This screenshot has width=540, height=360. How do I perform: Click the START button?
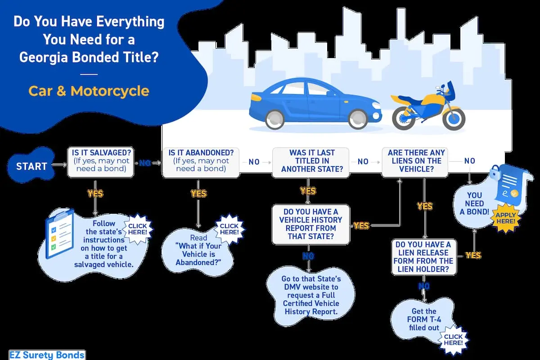31,166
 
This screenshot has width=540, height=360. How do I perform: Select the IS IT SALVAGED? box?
100,161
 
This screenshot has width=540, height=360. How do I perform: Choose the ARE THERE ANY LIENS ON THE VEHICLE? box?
414,161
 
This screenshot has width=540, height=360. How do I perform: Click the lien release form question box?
423,256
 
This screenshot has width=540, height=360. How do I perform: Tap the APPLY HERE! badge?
506,218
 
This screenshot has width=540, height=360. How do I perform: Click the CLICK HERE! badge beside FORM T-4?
453,339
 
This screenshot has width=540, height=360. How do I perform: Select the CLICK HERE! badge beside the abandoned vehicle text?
229,229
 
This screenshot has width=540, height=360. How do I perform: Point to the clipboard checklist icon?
59,234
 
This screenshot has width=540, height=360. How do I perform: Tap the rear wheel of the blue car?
274,119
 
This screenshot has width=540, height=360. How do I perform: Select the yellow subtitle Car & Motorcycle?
89,91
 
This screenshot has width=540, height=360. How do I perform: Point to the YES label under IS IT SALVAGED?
95,193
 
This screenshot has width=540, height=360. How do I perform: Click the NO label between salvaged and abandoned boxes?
144,163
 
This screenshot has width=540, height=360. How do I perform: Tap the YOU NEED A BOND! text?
474,203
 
